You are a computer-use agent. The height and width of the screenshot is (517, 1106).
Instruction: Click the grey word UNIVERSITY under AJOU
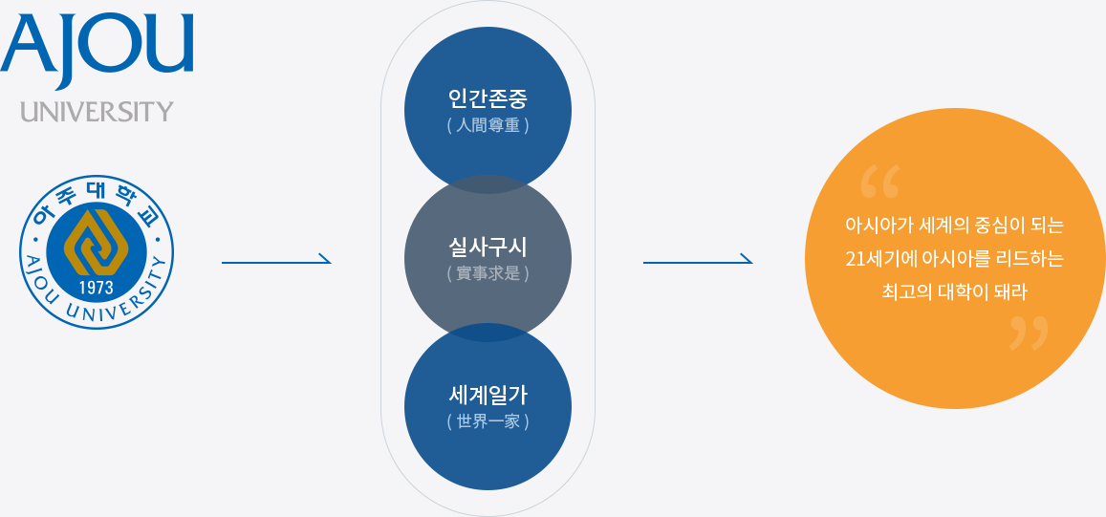pyautogui.click(x=98, y=111)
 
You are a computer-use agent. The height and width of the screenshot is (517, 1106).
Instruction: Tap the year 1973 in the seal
pyautogui.click(x=97, y=288)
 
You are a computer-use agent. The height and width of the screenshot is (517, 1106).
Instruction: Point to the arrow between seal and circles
pyautogui.click(x=275, y=260)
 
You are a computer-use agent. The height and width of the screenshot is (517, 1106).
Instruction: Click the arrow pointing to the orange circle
pyautogui.click(x=697, y=260)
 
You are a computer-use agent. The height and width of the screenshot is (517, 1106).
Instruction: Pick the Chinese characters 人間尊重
pyautogui.click(x=488, y=125)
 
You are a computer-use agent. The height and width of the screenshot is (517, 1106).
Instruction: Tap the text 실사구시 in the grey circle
pyautogui.click(x=488, y=247)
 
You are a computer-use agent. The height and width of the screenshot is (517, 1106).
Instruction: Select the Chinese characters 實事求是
pyautogui.click(x=488, y=273)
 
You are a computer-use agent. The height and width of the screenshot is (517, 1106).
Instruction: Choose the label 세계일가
pyautogui.click(x=488, y=394)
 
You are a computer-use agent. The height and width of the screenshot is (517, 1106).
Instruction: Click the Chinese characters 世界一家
pyautogui.click(x=488, y=420)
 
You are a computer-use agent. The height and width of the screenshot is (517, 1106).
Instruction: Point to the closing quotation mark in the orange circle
pyautogui.click(x=1029, y=333)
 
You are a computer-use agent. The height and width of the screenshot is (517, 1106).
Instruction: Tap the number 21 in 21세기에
pyautogui.click(x=855, y=259)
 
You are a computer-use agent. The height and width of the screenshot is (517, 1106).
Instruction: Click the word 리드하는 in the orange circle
pyautogui.click(x=1030, y=259)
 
